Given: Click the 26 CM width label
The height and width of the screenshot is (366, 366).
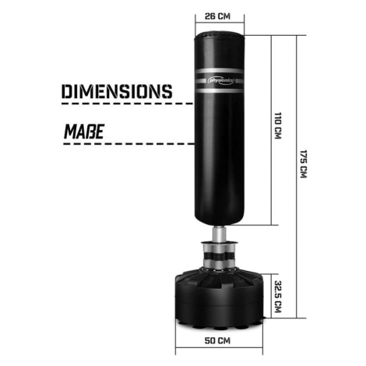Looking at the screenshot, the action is click(x=217, y=16).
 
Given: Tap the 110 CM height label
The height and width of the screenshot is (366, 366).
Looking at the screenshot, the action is click(x=278, y=125).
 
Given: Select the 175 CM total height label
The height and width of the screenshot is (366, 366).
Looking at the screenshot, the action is click(x=304, y=164).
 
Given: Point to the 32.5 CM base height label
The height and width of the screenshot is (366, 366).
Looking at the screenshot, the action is click(x=278, y=296).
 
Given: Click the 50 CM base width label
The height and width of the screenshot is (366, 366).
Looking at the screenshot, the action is click(x=217, y=340).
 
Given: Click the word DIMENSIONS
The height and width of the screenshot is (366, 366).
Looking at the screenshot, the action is click(x=117, y=91).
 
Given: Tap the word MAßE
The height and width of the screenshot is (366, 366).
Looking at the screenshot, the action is click(x=84, y=132).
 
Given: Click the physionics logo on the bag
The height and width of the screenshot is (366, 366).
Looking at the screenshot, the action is click(x=221, y=81).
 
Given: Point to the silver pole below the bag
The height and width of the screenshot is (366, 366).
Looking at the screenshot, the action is click(x=220, y=234).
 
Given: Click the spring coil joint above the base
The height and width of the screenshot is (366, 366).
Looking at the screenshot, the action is click(x=220, y=256).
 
